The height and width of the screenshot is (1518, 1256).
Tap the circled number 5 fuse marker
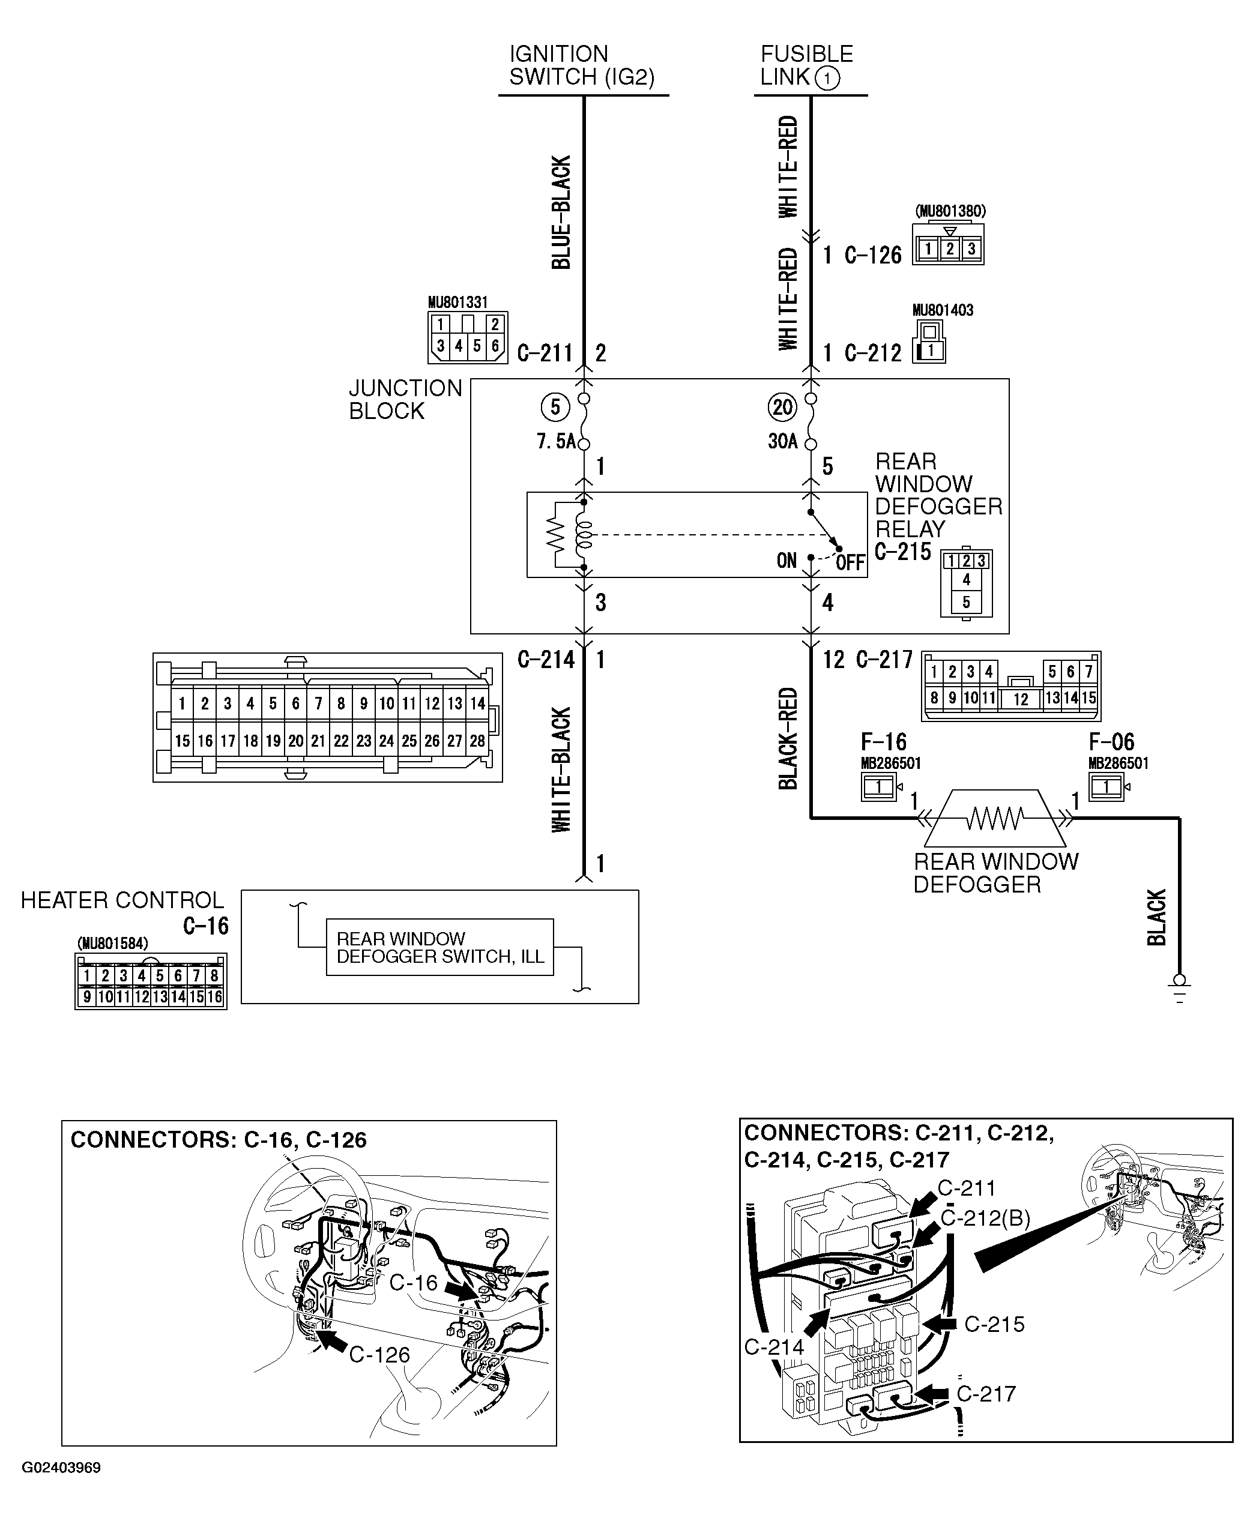point(555,407)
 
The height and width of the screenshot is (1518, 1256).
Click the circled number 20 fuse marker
point(782,407)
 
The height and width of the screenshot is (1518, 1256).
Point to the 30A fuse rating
point(782,441)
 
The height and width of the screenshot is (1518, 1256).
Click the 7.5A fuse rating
point(555,441)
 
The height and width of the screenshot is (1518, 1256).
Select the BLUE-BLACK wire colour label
point(562,212)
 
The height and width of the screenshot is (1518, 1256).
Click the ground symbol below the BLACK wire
point(1179,989)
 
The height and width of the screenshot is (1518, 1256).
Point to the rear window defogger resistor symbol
point(995,818)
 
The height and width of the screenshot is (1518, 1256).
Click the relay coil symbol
point(583,535)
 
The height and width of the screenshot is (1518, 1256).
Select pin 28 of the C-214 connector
point(477,741)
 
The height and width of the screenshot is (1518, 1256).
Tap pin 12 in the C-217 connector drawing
point(1020,699)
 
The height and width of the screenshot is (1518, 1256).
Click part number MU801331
point(457,302)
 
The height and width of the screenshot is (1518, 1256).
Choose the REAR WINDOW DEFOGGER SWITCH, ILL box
point(439,947)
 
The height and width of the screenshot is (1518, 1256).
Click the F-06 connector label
point(1111,742)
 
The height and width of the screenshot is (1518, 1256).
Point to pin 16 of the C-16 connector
point(215,997)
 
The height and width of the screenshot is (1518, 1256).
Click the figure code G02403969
point(61,1468)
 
